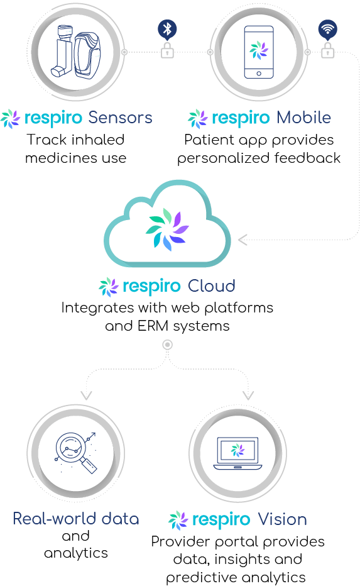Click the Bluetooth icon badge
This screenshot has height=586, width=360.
[167, 30]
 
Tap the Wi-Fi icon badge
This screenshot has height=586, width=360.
[328, 30]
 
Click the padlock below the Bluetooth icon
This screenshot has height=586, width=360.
[167, 50]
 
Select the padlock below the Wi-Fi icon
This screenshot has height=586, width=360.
[328, 50]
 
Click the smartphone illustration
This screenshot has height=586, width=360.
[259, 52]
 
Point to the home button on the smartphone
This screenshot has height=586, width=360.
[259, 74]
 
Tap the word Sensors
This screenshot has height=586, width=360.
[120, 118]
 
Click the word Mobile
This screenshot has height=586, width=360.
[303, 118]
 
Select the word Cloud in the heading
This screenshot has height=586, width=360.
[211, 286]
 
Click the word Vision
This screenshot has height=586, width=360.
[282, 519]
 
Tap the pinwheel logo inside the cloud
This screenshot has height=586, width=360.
[167, 229]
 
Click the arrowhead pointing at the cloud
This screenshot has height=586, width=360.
[243, 240]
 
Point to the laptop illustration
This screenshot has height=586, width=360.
[237, 453]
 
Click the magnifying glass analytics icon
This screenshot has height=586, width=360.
[76, 453]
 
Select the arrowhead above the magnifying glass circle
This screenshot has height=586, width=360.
[86, 395]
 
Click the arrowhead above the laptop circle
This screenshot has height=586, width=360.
[248, 395]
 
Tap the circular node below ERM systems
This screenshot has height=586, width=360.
[168, 345]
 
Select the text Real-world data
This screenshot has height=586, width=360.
[76, 519]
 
